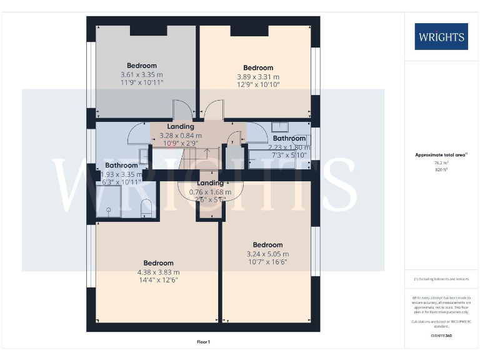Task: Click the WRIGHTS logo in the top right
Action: click(x=441, y=37)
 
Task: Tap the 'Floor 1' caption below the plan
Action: click(x=203, y=342)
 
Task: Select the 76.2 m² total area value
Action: click(x=441, y=163)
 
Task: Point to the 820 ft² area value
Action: click(x=441, y=170)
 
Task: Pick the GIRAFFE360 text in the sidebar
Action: click(x=441, y=336)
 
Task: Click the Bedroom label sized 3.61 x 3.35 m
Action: click(x=142, y=66)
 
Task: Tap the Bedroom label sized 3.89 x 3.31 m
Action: click(x=258, y=68)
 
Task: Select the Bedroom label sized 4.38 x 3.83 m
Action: click(x=158, y=263)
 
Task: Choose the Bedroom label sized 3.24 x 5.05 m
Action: click(x=267, y=245)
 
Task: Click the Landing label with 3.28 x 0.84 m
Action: click(x=181, y=127)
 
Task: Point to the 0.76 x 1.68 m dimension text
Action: click(x=211, y=192)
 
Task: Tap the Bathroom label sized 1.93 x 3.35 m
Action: click(x=121, y=166)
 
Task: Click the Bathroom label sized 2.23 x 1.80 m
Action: click(x=289, y=138)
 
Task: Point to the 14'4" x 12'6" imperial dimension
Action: click(x=158, y=281)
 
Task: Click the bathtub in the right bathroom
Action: click(x=278, y=157)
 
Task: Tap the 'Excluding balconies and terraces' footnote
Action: click(x=441, y=279)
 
